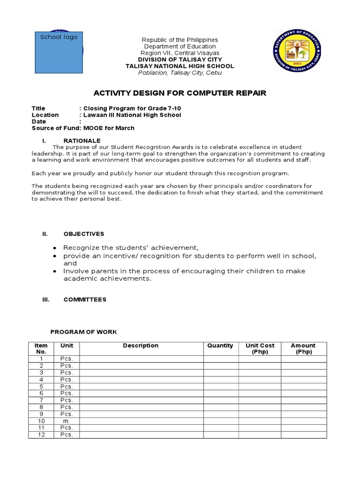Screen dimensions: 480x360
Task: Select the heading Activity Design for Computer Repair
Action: (180, 93)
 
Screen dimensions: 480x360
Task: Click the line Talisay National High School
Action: (180, 66)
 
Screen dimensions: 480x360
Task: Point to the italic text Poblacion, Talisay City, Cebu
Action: (180, 73)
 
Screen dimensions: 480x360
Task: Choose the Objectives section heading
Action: (84, 234)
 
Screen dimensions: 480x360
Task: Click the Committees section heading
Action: (85, 300)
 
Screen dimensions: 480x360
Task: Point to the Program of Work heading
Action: (84, 332)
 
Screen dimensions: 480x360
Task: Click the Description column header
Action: (141, 345)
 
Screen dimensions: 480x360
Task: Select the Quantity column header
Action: (220, 345)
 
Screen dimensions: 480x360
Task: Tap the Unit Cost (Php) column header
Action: (260, 349)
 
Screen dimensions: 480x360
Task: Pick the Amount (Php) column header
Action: (303, 349)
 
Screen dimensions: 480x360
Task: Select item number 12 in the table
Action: (41, 435)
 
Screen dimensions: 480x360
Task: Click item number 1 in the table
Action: (41, 359)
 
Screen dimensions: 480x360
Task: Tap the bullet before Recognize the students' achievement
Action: (55, 248)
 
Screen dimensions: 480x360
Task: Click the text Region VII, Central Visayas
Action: (180, 53)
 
